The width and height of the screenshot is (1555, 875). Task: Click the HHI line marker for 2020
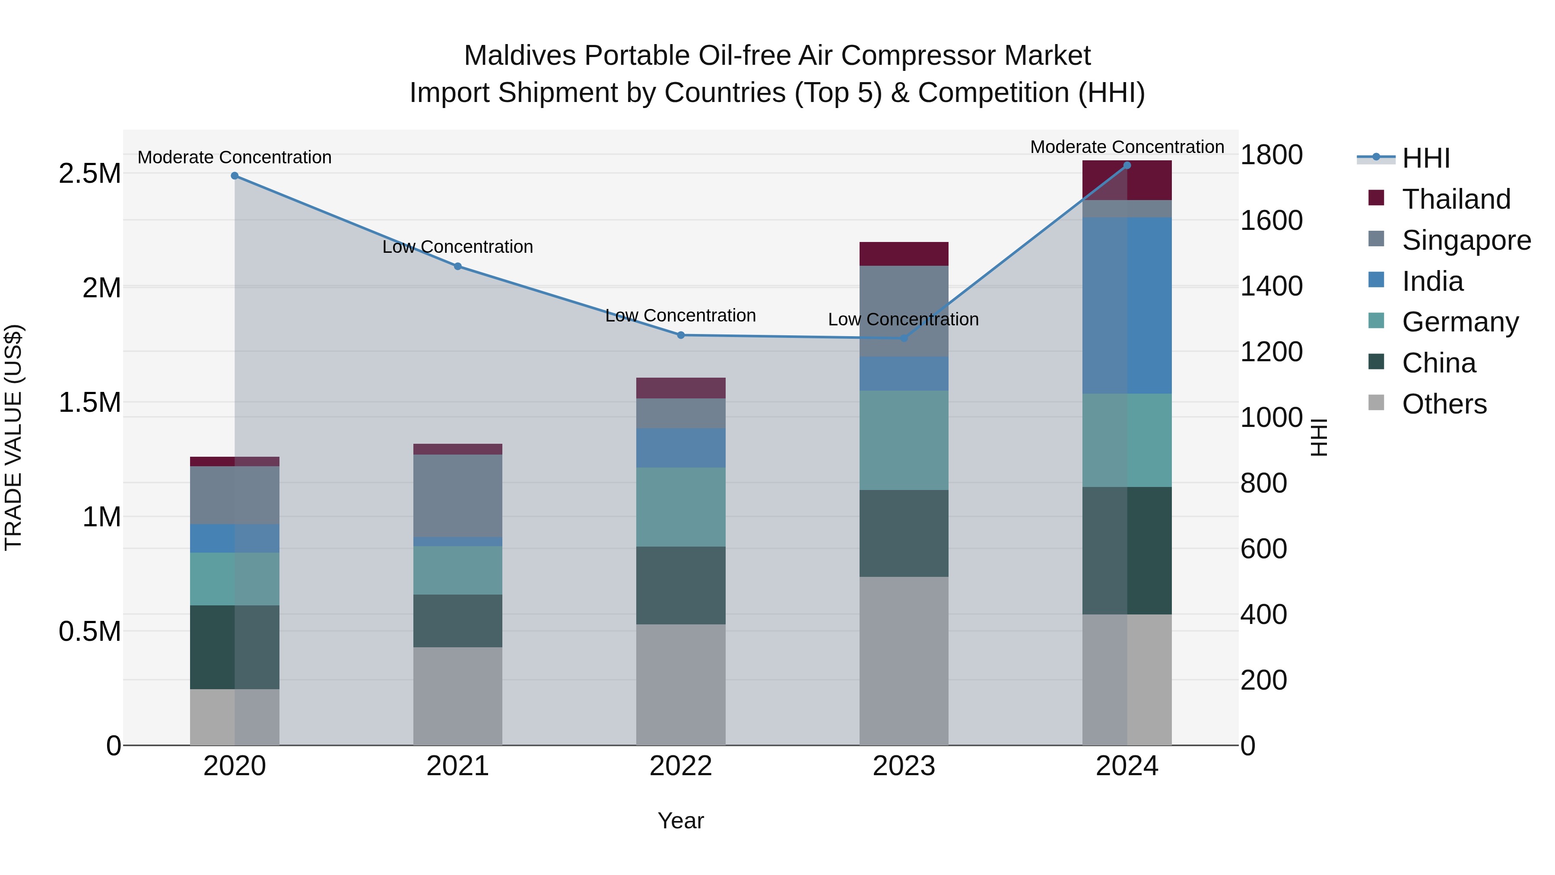(x=235, y=176)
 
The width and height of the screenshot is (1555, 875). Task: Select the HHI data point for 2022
(x=680, y=335)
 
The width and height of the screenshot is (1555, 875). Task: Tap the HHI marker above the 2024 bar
(x=1127, y=165)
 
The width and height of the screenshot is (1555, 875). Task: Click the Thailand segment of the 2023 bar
(x=904, y=254)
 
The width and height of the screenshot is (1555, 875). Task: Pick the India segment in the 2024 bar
(x=1127, y=305)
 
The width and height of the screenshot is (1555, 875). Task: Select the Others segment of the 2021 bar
(x=457, y=696)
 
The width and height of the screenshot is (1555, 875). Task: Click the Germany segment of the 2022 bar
(x=680, y=507)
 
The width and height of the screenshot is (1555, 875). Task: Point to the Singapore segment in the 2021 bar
(x=457, y=495)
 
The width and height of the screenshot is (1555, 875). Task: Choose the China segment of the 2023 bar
(x=904, y=533)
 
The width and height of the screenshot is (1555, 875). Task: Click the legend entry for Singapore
(x=1466, y=240)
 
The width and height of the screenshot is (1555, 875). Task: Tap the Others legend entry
(x=1444, y=404)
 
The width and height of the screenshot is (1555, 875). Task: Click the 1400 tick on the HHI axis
(x=1271, y=286)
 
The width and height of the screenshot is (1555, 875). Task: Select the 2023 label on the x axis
(x=904, y=766)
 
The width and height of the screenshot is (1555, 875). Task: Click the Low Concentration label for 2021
(x=457, y=247)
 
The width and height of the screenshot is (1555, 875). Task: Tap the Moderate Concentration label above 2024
(x=1127, y=147)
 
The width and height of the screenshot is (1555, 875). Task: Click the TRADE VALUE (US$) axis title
(x=13, y=437)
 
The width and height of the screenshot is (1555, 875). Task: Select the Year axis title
(x=680, y=821)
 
